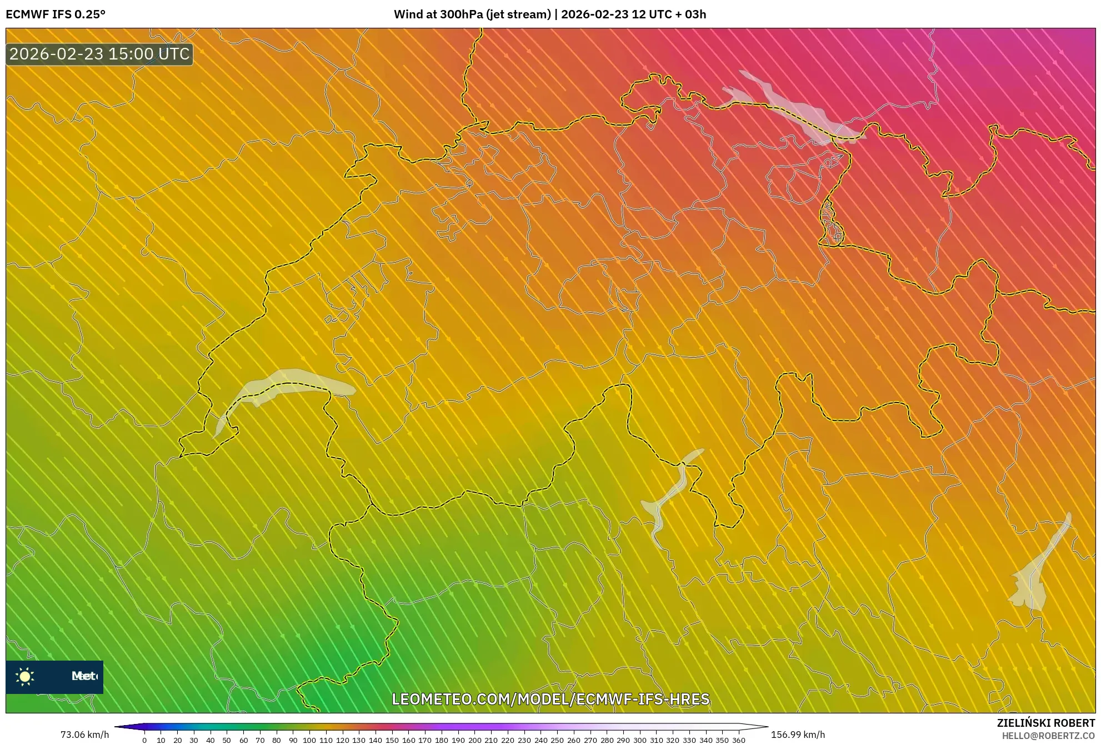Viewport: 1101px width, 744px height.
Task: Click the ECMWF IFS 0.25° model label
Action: click(x=56, y=14)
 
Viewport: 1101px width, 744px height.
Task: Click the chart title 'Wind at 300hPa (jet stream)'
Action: click(x=472, y=14)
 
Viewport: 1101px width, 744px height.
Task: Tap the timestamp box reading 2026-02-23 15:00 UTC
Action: click(x=99, y=54)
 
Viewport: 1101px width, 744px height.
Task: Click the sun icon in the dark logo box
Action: click(x=25, y=676)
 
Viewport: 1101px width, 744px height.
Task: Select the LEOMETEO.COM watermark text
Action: click(x=550, y=699)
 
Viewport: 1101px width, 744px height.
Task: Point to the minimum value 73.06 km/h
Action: click(x=84, y=735)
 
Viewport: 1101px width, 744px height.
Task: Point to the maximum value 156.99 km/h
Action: click(x=798, y=735)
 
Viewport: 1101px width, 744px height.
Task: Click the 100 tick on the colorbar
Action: click(x=309, y=740)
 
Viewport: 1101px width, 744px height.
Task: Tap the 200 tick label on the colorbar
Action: click(x=474, y=740)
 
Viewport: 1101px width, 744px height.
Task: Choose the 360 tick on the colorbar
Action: click(x=738, y=740)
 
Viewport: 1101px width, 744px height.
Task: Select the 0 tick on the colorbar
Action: click(x=144, y=740)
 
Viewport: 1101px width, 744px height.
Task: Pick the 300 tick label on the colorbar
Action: click(x=639, y=740)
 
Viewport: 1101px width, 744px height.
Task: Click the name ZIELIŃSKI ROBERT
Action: click(x=1046, y=723)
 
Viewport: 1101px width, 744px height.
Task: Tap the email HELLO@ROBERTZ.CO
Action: click(x=1048, y=736)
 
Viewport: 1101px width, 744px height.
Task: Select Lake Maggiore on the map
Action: click(x=669, y=495)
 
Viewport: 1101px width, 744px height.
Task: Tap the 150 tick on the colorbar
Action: click(x=392, y=740)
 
